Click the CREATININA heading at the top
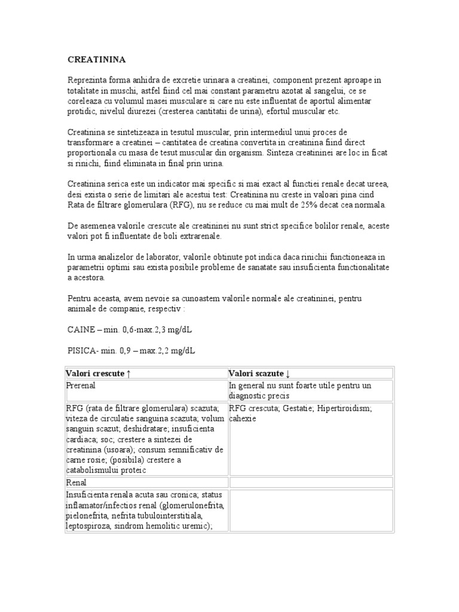(x=96, y=60)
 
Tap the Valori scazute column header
(x=259, y=374)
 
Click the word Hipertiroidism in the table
(x=344, y=409)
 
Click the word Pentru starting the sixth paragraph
(x=79, y=298)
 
